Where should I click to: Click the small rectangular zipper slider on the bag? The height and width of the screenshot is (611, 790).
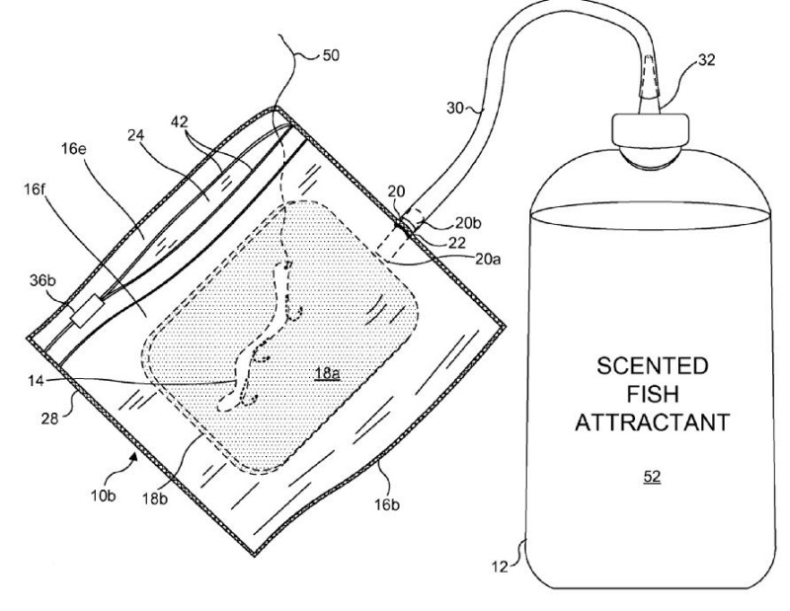point(85,315)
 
